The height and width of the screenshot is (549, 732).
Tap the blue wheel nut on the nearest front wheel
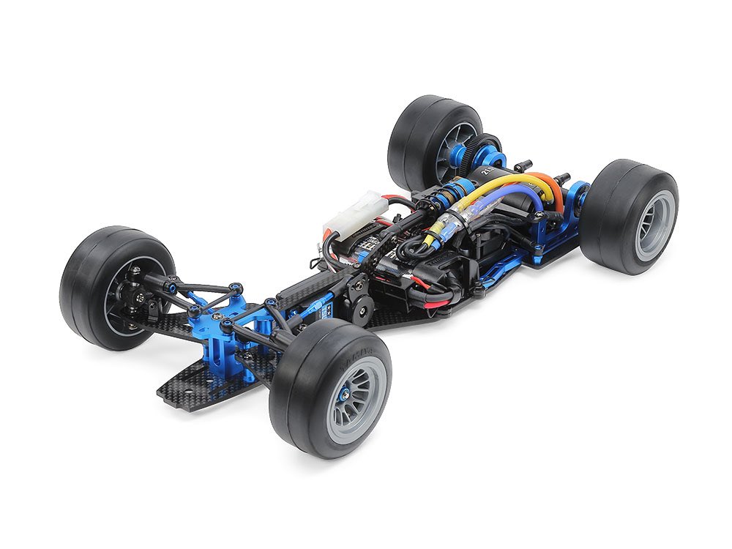click(343, 396)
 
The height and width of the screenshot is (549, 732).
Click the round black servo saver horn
click(362, 307)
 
